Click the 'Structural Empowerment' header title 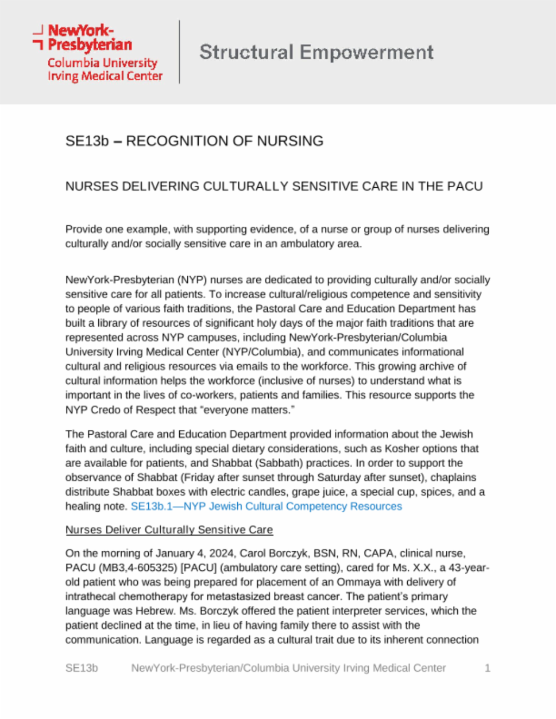(316, 53)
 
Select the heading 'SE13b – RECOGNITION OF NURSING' (194, 141)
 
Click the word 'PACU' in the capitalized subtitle (465, 186)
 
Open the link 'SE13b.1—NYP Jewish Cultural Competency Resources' (266, 506)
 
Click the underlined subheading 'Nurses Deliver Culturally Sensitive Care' (169, 530)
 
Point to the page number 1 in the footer (488, 668)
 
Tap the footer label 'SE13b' (81, 668)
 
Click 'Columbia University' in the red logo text (102, 63)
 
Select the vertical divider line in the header (179, 52)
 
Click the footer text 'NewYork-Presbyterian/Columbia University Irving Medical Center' (288, 668)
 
